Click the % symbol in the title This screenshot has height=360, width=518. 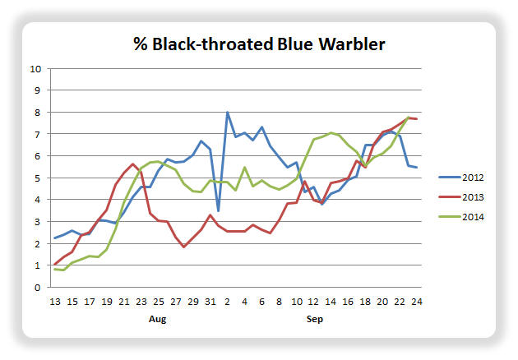click(141, 44)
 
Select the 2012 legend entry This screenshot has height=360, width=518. click(461, 178)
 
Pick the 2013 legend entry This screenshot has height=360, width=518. click(461, 197)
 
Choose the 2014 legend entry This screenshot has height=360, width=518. click(461, 217)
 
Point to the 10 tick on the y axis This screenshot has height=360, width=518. click(35, 69)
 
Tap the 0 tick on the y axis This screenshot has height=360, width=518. click(37, 288)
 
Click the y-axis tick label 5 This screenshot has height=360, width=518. click(37, 178)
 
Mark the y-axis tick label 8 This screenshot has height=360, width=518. click(37, 113)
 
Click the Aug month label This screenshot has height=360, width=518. click(158, 319)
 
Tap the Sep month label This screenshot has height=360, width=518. click(314, 319)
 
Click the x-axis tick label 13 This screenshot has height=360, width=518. click(55, 302)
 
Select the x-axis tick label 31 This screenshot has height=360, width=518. click(210, 302)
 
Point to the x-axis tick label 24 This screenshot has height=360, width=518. click(417, 302)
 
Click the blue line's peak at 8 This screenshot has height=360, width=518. click(227, 113)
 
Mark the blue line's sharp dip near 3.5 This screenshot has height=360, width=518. click(219, 210)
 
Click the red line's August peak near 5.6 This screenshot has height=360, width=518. click(132, 164)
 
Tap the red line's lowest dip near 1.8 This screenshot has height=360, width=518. click(184, 247)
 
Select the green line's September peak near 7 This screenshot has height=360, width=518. click(331, 133)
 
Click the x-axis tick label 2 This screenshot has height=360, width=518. click(227, 302)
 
